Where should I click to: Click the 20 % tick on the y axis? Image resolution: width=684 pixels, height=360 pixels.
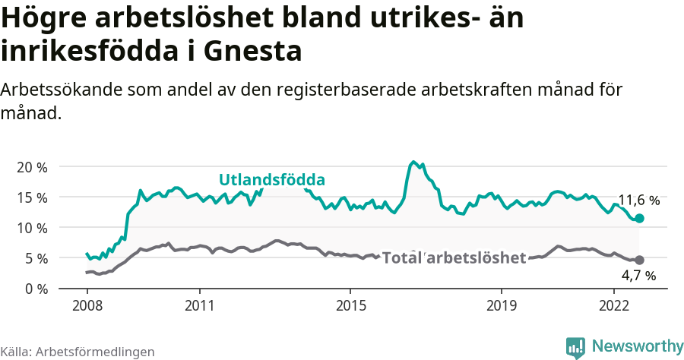pos(32,167)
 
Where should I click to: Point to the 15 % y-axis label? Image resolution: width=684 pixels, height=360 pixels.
pos(32,197)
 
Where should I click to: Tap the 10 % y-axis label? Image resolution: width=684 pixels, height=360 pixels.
pos(32,228)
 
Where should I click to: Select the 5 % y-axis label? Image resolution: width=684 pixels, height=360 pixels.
pos(36,258)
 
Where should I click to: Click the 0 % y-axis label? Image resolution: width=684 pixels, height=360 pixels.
pos(36,289)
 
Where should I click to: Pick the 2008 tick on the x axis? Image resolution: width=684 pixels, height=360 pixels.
pos(87,307)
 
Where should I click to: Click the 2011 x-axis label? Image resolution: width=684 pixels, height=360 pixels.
pos(199,307)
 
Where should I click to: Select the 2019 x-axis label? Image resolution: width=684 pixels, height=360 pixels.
pos(501,307)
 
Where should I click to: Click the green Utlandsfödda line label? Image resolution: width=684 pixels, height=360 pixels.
pos(272,180)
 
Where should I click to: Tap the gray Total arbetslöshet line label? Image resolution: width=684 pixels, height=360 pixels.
pos(454,258)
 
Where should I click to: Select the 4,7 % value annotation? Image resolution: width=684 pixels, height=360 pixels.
pos(638,276)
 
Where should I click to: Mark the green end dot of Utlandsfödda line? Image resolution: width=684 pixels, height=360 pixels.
pos(639,218)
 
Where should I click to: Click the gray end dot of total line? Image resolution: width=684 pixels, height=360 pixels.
pos(639,260)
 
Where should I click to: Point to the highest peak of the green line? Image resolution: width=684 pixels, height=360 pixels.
pos(413,162)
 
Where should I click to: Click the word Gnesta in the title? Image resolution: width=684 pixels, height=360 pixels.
pos(254,52)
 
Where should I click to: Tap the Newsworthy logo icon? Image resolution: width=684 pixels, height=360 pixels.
pos(575,346)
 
